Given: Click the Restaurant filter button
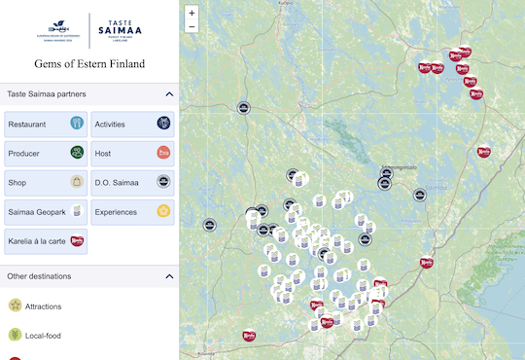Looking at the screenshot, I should click(x=46, y=125).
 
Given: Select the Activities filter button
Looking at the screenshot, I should click(x=133, y=125).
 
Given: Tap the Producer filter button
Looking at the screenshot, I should click(x=46, y=154).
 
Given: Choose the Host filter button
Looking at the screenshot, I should click(x=133, y=154).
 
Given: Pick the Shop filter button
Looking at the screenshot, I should click(x=46, y=182).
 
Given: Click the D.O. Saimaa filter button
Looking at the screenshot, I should click(x=133, y=182).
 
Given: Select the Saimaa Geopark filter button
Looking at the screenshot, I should click(x=46, y=211).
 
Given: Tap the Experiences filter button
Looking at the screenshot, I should click(x=133, y=211).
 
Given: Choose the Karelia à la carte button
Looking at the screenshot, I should click(x=46, y=240).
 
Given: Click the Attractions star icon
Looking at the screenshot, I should click(x=15, y=306).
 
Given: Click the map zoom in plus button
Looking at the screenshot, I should click(x=192, y=14).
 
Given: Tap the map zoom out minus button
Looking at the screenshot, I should click(x=192, y=27).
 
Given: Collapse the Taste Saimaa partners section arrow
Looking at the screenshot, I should click(x=169, y=94).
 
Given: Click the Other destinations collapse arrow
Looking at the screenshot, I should click(x=169, y=276).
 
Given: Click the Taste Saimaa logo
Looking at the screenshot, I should click(x=121, y=32).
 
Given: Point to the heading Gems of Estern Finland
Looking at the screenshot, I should click(x=88, y=64).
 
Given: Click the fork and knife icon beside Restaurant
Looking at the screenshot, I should click(x=76, y=125).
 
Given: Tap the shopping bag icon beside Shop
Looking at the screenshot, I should click(x=76, y=182).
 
